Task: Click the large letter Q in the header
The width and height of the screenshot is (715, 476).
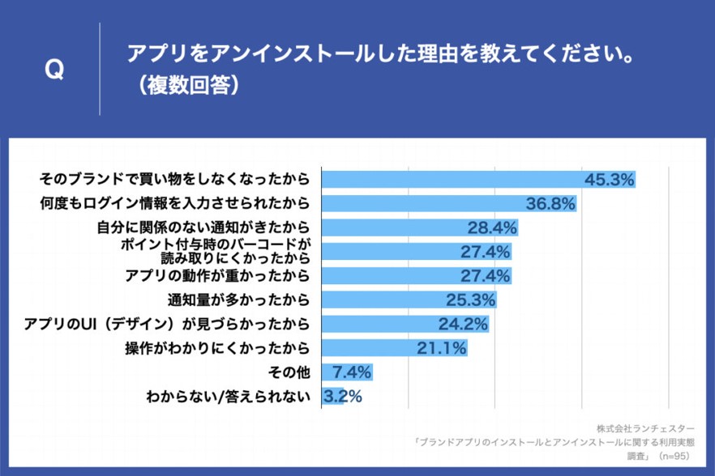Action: click(54, 70)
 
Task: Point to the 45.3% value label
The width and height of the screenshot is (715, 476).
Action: click(608, 180)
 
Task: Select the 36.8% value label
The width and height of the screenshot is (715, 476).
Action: click(550, 203)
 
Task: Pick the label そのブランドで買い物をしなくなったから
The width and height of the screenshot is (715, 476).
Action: click(174, 178)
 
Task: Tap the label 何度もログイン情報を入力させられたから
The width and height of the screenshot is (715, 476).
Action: click(174, 202)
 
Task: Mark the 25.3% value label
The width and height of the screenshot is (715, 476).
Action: click(470, 300)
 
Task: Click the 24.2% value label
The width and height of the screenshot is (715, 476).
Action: click(463, 325)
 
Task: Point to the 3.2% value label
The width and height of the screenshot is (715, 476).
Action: click(343, 397)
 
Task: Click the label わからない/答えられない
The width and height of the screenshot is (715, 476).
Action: click(229, 397)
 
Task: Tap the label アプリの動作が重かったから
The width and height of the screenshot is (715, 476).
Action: click(217, 276)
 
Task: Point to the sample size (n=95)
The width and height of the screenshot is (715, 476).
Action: click(676, 457)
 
